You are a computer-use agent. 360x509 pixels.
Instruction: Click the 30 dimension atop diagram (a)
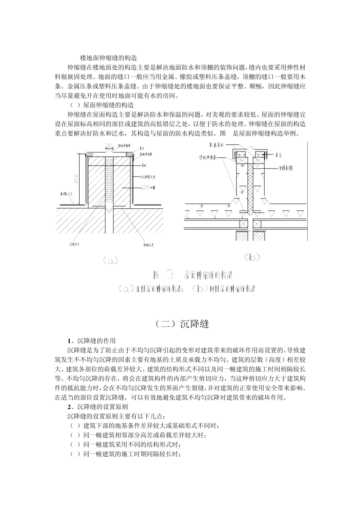(x=109, y=146)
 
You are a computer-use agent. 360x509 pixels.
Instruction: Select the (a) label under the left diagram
(x=110, y=261)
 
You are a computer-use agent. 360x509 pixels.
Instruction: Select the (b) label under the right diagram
(x=252, y=258)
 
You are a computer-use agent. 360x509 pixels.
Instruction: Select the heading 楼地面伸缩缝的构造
(x=109, y=58)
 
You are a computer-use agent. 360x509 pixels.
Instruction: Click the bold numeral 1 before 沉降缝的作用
(x=69, y=340)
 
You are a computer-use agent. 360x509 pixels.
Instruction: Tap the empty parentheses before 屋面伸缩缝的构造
(x=75, y=105)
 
